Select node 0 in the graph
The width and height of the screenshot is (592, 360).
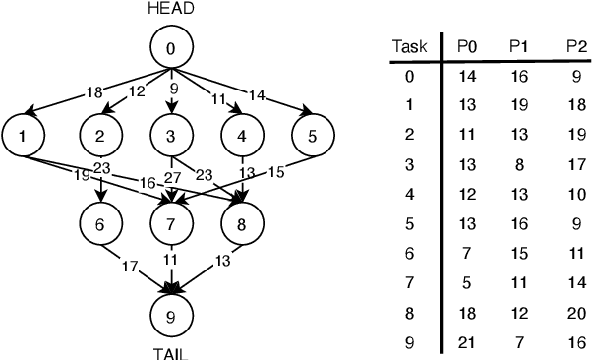[171, 46]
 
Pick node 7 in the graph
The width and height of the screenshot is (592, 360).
[171, 223]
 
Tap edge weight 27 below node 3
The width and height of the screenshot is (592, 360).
[172, 177]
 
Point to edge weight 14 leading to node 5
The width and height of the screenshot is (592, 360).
[257, 97]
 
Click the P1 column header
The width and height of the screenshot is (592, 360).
[518, 46]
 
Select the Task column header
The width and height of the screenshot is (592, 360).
[408, 46]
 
